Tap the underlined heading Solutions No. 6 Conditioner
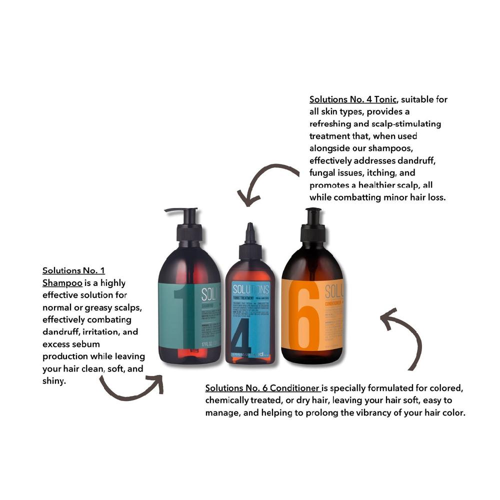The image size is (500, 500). coord(262,388)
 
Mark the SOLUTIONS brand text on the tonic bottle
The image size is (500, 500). coord(250,289)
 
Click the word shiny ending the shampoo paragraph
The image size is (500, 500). coord(55,381)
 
